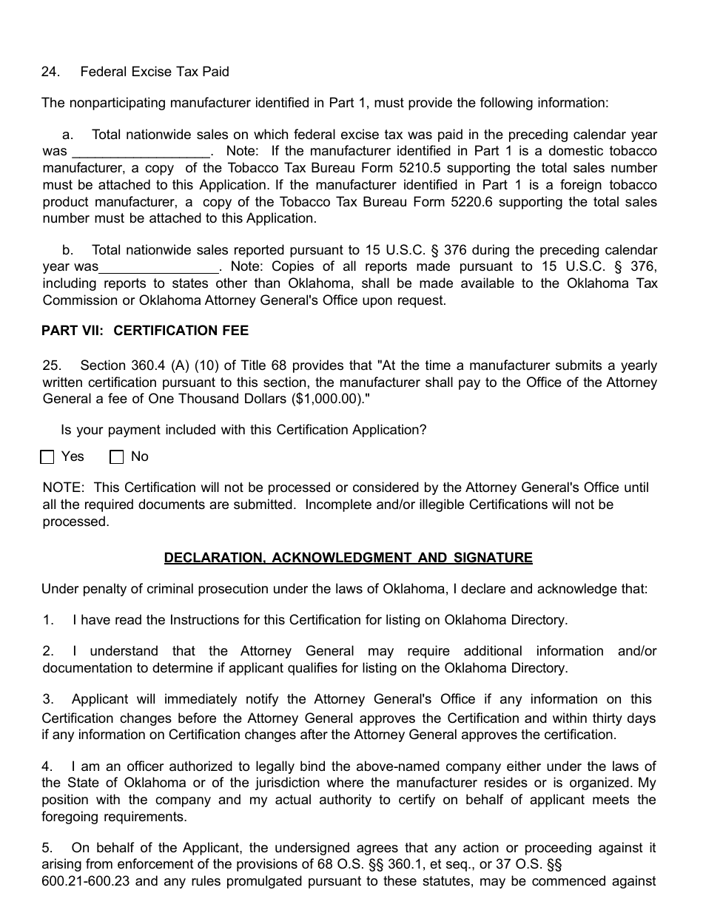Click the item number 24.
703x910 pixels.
[x=50, y=72]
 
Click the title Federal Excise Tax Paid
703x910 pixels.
[x=155, y=72]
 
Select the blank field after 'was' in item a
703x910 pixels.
[x=140, y=152]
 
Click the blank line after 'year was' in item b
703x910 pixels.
[x=158, y=267]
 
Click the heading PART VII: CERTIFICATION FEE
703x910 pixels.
[x=145, y=331]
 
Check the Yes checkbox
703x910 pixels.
[x=48, y=457]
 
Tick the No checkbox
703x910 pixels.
[x=117, y=457]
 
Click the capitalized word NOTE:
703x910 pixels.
[x=64, y=488]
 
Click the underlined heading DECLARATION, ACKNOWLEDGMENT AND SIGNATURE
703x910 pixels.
[x=348, y=558]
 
